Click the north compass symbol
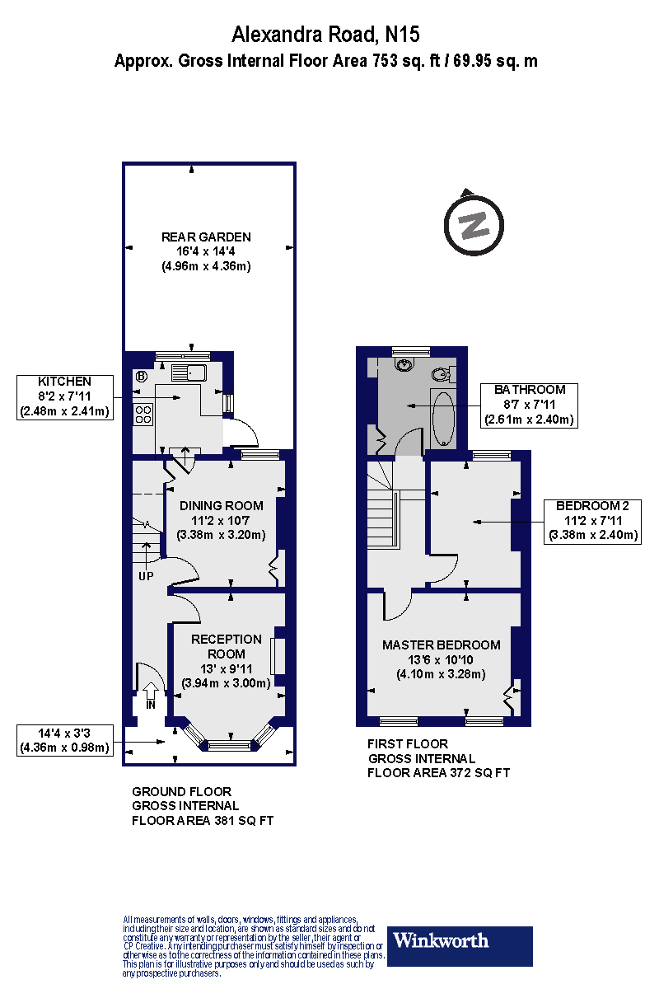(474, 225)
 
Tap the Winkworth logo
(460, 940)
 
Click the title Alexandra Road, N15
(325, 35)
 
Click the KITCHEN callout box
(65, 397)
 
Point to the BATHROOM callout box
(529, 405)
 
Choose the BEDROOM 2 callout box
(592, 522)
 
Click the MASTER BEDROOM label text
(442, 645)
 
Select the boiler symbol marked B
(141, 377)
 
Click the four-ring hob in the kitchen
(143, 415)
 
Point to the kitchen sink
(189, 373)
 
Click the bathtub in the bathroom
(443, 419)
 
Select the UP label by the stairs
(146, 576)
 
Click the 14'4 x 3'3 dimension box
(65, 740)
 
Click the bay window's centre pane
(230, 746)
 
